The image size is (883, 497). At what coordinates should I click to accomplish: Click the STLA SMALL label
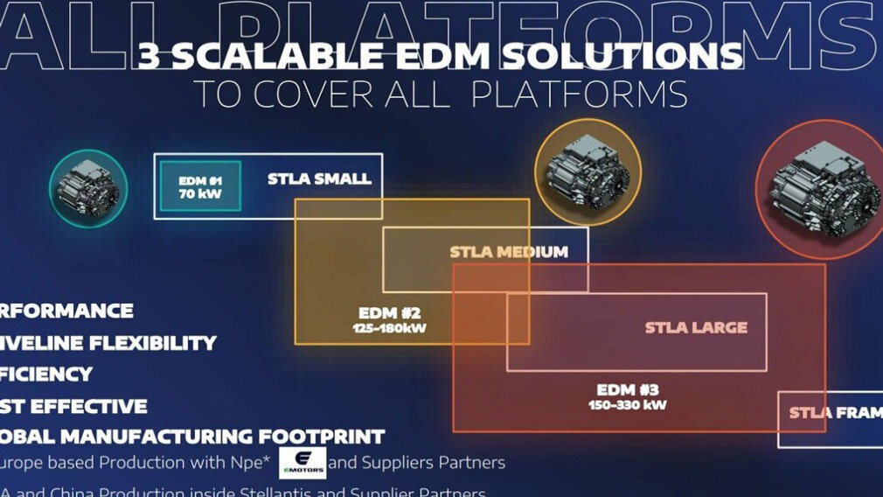pyautogui.click(x=319, y=179)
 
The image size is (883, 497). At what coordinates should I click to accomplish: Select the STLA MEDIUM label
pyautogui.click(x=509, y=252)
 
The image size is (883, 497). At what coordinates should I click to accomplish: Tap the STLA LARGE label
pyautogui.click(x=696, y=328)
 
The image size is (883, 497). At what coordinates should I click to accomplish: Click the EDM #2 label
pyautogui.click(x=390, y=313)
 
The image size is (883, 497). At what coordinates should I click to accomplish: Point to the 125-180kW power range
pyautogui.click(x=390, y=329)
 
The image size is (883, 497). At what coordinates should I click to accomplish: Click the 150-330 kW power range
pyautogui.click(x=627, y=405)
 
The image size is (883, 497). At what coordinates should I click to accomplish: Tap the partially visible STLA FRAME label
pyautogui.click(x=835, y=412)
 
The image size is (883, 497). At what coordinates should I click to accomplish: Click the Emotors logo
pyautogui.click(x=302, y=462)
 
